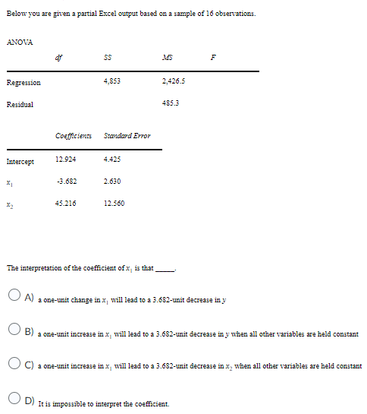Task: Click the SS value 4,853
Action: point(111,82)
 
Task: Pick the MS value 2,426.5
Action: point(172,82)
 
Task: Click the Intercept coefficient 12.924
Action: point(65,160)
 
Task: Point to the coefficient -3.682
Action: point(65,182)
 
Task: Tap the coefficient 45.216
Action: point(65,203)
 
